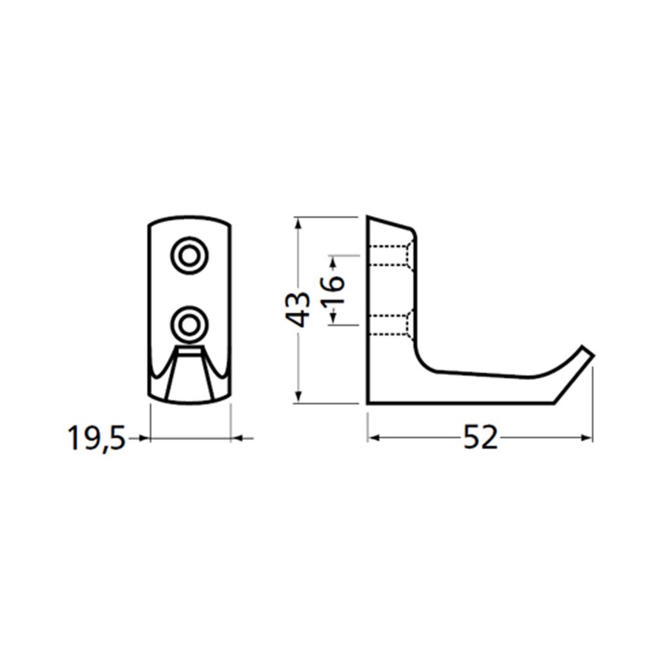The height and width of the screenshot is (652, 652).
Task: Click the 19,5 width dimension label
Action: tap(96, 438)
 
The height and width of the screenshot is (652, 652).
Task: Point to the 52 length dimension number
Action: tap(481, 438)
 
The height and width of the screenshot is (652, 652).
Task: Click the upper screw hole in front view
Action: tap(188, 256)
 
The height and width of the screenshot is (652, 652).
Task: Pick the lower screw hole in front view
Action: tap(188, 323)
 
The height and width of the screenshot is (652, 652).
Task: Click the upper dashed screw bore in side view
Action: tap(391, 256)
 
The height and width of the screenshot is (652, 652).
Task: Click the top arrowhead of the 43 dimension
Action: tap(299, 222)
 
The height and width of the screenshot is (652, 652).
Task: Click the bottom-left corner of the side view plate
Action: tap(368, 402)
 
